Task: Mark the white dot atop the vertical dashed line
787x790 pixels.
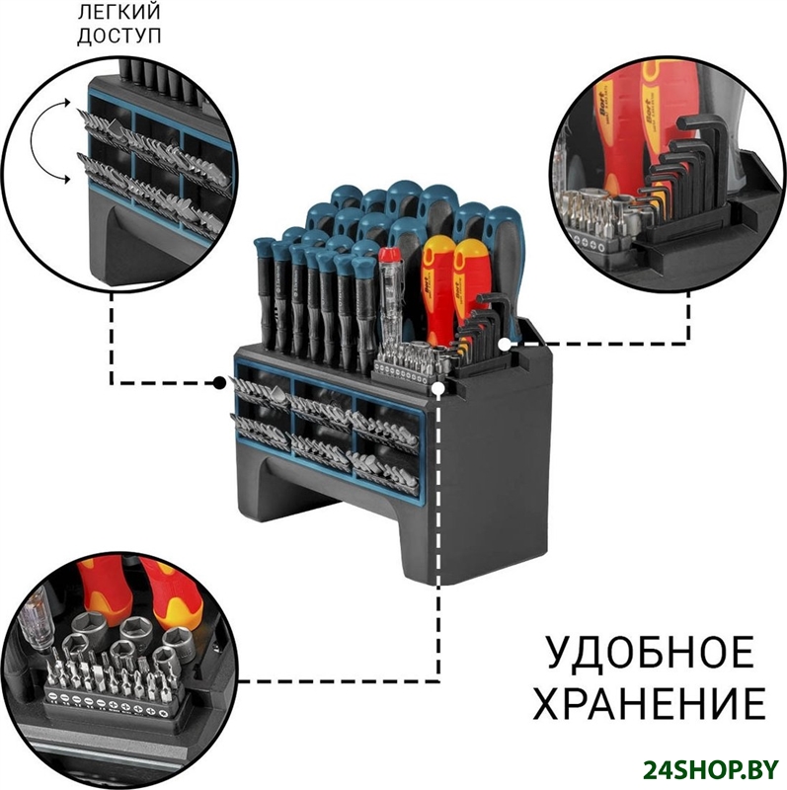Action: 437,390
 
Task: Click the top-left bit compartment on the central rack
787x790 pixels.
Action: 259,388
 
